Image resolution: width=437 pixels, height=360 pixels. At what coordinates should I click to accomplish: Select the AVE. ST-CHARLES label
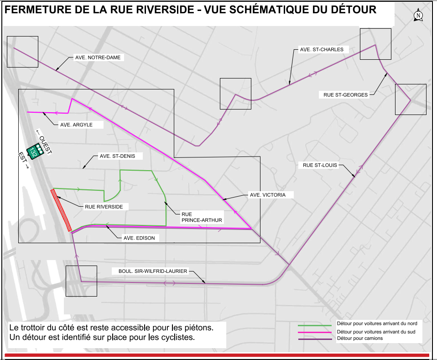pos(322,49)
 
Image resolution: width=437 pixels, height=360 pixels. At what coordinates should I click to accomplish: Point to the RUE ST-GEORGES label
pos(346,95)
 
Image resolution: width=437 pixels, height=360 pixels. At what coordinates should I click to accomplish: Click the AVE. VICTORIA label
pos(267,195)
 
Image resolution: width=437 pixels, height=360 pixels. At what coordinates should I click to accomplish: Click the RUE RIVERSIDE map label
pos(104,207)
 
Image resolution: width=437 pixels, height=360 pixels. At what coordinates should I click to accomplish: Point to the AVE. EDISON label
pos(139,238)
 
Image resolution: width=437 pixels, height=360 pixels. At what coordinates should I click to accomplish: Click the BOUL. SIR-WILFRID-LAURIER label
pos(153,271)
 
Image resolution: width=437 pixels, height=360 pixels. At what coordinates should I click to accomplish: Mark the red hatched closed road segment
pos(61,210)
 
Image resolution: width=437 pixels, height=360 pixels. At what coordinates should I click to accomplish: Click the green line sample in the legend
pos(314,325)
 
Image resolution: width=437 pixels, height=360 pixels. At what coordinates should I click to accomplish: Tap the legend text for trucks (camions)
pos(360,339)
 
